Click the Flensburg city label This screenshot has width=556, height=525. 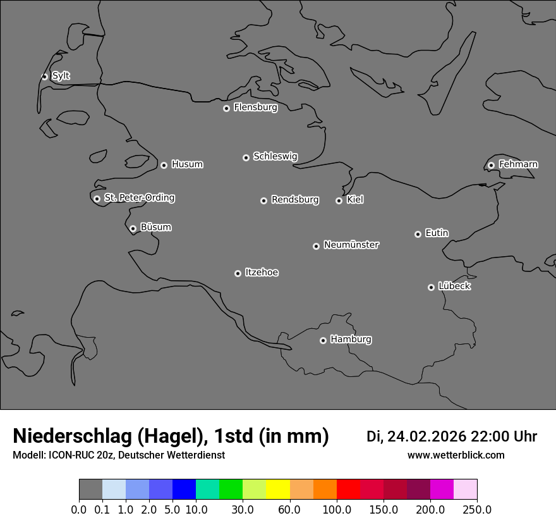(255, 108)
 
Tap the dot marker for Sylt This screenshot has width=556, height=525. (45, 77)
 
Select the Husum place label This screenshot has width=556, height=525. (187, 164)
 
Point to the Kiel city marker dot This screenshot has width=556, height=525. (339, 201)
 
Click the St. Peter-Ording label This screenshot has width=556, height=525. (139, 198)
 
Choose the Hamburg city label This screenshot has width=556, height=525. (351, 340)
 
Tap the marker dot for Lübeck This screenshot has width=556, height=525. (432, 287)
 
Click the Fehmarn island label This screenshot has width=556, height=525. (518, 164)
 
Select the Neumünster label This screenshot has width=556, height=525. (351, 245)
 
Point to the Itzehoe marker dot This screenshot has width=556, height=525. (238, 273)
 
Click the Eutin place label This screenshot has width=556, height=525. (437, 233)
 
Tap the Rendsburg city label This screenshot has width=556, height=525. (295, 200)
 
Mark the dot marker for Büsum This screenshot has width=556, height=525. (133, 228)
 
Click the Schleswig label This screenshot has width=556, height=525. (275, 156)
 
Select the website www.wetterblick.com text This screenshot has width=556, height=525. (456, 455)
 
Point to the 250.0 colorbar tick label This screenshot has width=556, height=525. (477, 510)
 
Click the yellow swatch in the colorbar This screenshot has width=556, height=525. (278, 490)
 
